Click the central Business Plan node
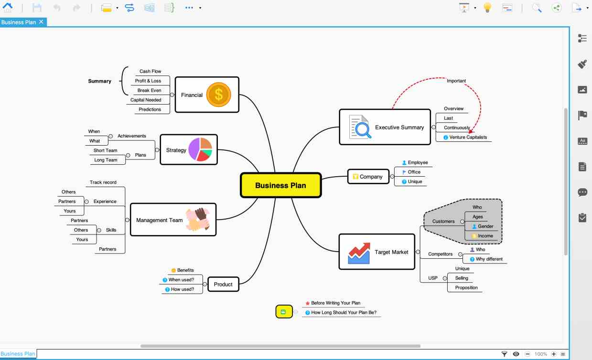(x=280, y=185)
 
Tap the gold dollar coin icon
(x=218, y=95)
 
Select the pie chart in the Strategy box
(x=200, y=149)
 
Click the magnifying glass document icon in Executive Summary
(x=360, y=127)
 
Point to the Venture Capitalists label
(x=468, y=137)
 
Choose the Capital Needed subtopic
(x=146, y=100)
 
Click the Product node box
(x=223, y=284)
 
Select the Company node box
(x=368, y=177)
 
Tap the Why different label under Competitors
(x=489, y=259)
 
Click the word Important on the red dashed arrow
(x=456, y=81)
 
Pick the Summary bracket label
(x=100, y=81)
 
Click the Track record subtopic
(x=103, y=182)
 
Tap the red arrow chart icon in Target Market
(x=359, y=253)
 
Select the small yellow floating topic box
(x=284, y=312)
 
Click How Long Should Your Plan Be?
(x=344, y=312)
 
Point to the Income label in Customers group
(x=485, y=236)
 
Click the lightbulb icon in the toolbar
(x=487, y=7)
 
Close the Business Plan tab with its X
(x=41, y=22)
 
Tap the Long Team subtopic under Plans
(x=106, y=160)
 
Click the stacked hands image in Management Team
(x=198, y=219)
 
